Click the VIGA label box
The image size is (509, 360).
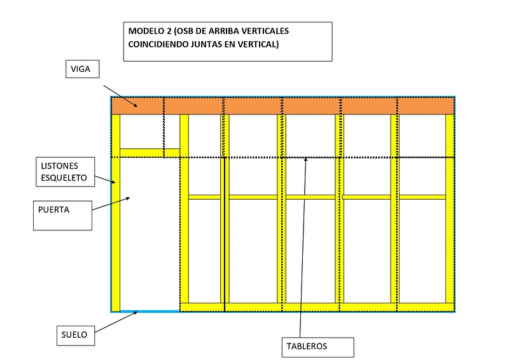[83, 69]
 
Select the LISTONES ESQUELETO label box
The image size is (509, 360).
[64, 172]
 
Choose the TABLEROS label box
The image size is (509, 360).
[317, 347]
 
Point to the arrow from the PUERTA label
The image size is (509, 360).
[112, 204]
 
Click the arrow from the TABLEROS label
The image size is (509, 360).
[303, 248]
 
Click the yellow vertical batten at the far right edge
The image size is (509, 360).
[450, 210]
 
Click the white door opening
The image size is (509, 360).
[150, 235]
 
